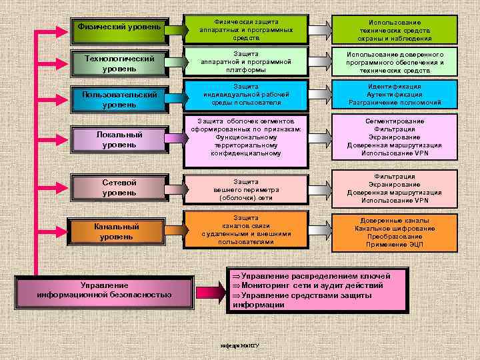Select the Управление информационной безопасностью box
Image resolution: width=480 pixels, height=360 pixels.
[x=105, y=289]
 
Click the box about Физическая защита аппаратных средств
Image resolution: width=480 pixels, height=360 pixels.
[x=246, y=30]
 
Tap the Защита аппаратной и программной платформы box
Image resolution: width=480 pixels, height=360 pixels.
[x=246, y=61]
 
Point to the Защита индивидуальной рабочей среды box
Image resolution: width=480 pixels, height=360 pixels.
[x=246, y=95]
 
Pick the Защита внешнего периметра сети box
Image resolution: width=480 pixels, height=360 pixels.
[x=246, y=189]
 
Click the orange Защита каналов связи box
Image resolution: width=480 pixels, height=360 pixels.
[x=246, y=230]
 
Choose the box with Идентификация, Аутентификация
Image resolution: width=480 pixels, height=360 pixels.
[x=395, y=95]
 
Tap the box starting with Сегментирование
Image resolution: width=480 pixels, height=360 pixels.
[x=395, y=137]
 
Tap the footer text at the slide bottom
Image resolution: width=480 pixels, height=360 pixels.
[x=239, y=345]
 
